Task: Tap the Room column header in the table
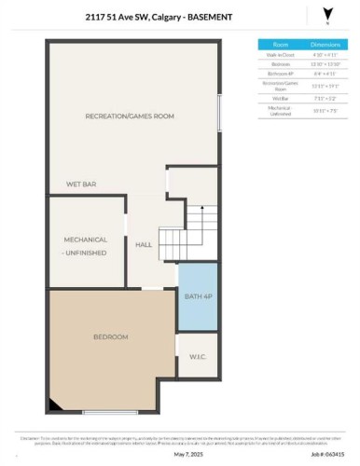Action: click(279, 44)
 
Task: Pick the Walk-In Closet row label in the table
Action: click(279, 54)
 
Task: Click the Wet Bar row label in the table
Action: click(279, 96)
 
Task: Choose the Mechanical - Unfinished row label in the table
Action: click(279, 110)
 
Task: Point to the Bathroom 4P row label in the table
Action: click(279, 73)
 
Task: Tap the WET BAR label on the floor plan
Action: click(81, 185)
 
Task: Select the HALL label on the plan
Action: click(144, 244)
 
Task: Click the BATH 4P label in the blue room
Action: click(198, 296)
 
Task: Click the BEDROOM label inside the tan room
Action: click(110, 336)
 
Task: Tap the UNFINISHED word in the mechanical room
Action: click(87, 253)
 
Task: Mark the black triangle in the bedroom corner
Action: click(57, 403)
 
